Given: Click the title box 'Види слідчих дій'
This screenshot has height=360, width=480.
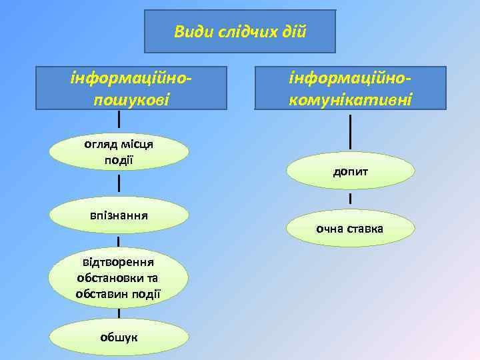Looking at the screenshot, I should point(240,31).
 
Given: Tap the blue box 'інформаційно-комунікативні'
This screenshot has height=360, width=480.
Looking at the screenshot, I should point(351,87).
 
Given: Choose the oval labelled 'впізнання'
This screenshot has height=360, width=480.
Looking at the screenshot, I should point(119,215).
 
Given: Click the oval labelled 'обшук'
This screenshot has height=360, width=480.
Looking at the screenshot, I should point(119,337).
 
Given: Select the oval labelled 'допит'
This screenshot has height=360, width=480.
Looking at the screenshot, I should point(351,171).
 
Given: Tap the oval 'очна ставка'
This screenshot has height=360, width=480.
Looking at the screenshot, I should point(351,228).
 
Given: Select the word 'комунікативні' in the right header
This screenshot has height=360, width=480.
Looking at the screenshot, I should point(351,99).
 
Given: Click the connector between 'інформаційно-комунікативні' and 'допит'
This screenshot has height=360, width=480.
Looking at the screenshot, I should point(351,131).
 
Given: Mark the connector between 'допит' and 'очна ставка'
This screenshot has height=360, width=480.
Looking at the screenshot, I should point(351,199).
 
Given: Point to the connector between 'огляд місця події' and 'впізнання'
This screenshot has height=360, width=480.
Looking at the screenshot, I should point(119,183).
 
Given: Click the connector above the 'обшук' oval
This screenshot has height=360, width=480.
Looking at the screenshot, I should point(119,313).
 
